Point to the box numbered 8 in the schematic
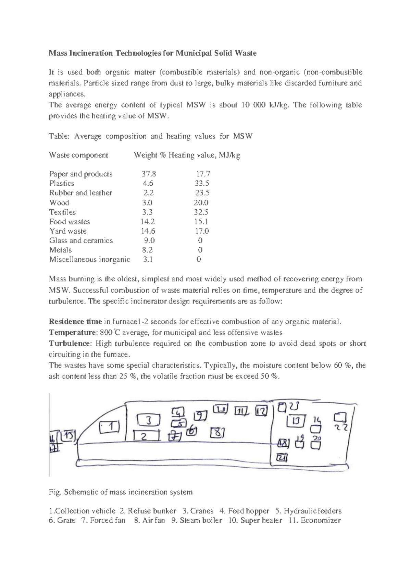217,433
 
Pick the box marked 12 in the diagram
261,411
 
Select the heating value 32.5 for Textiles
201,212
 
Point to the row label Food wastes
70,222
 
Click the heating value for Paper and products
203,174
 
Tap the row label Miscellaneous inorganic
89,259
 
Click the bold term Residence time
75,322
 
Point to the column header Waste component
78,155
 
